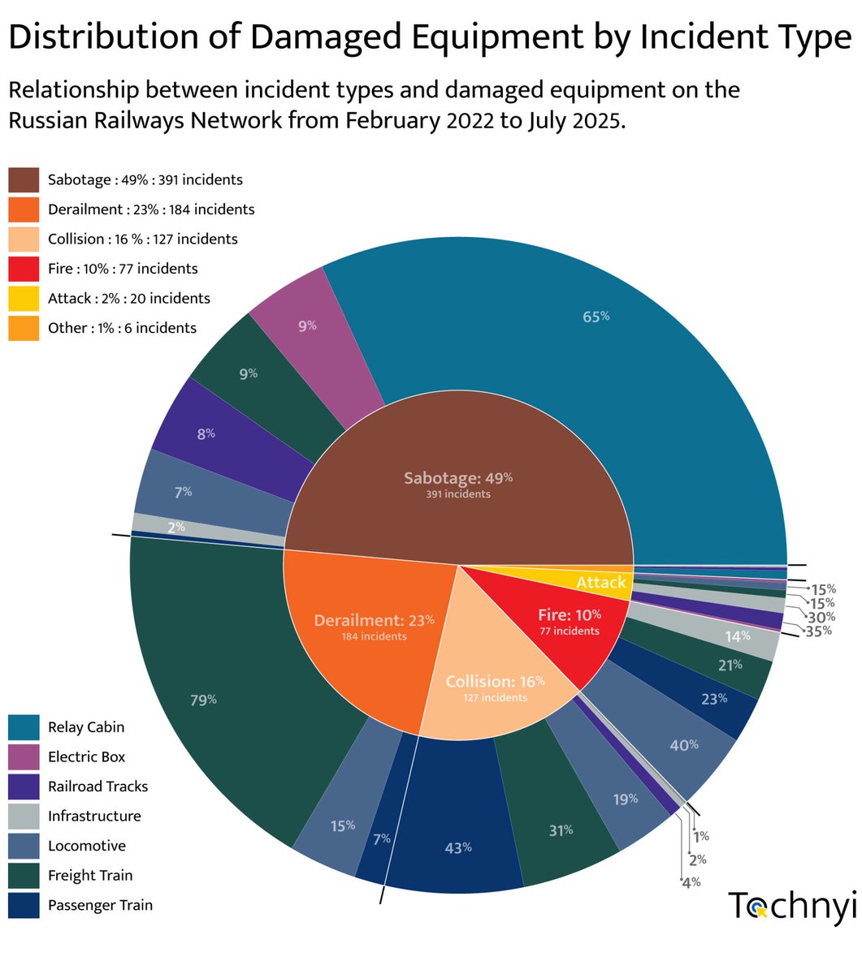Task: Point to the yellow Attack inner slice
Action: coord(601,581)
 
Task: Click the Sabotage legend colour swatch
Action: coord(24,180)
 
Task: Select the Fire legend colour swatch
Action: coord(24,269)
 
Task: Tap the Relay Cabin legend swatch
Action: coord(24,727)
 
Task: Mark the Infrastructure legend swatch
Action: coord(24,817)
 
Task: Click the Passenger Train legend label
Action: coord(100,905)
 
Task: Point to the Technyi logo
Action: coord(791,906)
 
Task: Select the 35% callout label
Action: coord(819,630)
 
